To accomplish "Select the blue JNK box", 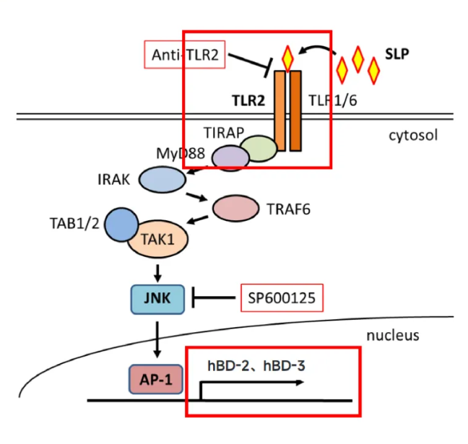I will point(158,296).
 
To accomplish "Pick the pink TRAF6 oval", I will point(235,208).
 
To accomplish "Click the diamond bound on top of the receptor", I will point(288,57).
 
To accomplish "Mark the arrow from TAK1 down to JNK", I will point(157,272).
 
